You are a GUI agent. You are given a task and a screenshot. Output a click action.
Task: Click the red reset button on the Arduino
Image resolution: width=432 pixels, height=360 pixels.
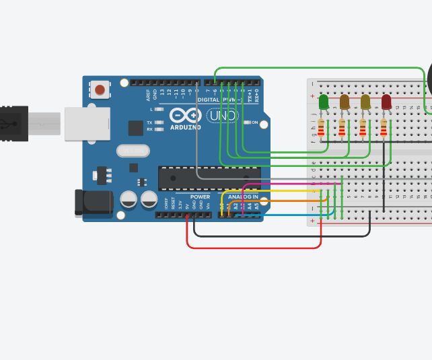(100, 89)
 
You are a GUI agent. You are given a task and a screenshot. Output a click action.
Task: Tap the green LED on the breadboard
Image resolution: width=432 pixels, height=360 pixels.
(324, 102)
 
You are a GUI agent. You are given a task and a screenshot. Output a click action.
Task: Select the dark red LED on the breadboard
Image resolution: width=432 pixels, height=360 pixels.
(386, 102)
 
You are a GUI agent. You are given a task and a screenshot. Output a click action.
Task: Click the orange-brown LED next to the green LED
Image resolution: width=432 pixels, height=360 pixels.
(345, 102)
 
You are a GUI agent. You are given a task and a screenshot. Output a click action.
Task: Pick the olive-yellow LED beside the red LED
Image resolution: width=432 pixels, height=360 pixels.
(365, 102)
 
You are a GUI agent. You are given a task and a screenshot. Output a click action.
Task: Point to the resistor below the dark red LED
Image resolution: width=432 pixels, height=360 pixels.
(384, 128)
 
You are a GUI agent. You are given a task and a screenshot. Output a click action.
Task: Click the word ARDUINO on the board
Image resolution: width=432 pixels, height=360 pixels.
(185, 127)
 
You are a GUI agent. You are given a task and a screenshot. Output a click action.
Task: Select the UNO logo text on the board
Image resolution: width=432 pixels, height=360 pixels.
(222, 116)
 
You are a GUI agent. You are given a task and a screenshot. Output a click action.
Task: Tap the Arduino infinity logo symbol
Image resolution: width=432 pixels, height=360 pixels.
(186, 114)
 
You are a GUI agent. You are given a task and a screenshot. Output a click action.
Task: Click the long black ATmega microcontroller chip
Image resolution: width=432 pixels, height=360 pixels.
(209, 178)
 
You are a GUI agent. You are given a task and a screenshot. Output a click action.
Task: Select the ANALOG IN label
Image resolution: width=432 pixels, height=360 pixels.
(242, 197)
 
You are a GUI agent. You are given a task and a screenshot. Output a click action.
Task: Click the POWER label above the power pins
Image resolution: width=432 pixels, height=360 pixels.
(200, 197)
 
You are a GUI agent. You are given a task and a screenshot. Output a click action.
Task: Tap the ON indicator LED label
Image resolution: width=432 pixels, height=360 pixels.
(255, 122)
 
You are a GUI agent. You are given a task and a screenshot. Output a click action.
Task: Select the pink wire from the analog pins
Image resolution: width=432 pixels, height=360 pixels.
(283, 182)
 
